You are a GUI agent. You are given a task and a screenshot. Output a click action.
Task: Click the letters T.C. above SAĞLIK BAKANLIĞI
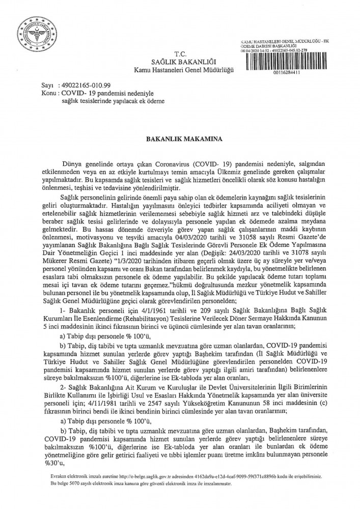(x=180, y=54)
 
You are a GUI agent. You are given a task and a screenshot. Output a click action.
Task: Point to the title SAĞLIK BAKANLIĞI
(x=181, y=62)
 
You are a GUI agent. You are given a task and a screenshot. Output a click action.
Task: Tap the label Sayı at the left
(x=47, y=87)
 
